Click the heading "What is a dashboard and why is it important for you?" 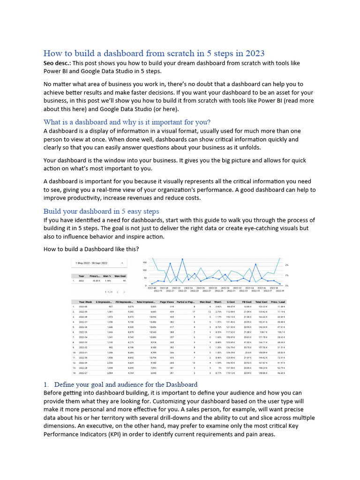pyautogui.click(x=127, y=122)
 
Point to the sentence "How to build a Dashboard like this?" pyautogui.click(x=91, y=248)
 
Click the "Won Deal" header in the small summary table pyautogui.click(x=120, y=276)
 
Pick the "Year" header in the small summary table pyautogui.click(x=82, y=276)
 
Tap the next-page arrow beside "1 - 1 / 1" pyautogui.click(x=124, y=292)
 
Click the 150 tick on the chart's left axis pyautogui.click(x=144, y=262)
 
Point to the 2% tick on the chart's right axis pyautogui.click(x=286, y=265)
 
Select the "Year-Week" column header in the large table pyautogui.click(x=85, y=302)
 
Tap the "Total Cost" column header pyautogui.click(x=262, y=302)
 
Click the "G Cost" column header pyautogui.click(x=231, y=302)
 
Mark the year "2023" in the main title pyautogui.click(x=254, y=53)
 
